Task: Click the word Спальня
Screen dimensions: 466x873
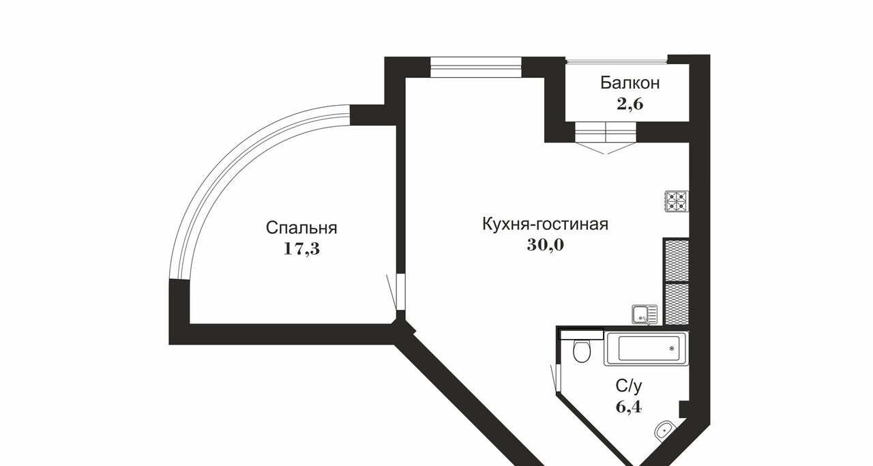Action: coord(301,227)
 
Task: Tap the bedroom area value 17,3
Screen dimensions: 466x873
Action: coord(301,248)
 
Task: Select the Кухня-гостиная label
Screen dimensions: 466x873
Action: coord(544,224)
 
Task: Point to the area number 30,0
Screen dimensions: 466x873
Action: coord(545,245)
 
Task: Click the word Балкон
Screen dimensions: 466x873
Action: coord(630,83)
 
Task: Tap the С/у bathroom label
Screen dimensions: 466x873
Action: coord(628,386)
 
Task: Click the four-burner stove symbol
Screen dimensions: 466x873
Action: coord(676,201)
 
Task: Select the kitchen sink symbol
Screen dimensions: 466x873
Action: coord(645,315)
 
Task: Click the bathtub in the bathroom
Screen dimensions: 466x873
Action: coord(646,349)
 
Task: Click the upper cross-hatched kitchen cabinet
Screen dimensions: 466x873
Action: coord(676,259)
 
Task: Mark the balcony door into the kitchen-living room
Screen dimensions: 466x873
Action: coord(606,133)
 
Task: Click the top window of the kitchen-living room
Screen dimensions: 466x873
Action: coord(476,67)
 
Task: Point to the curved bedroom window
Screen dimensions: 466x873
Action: coord(225,171)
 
